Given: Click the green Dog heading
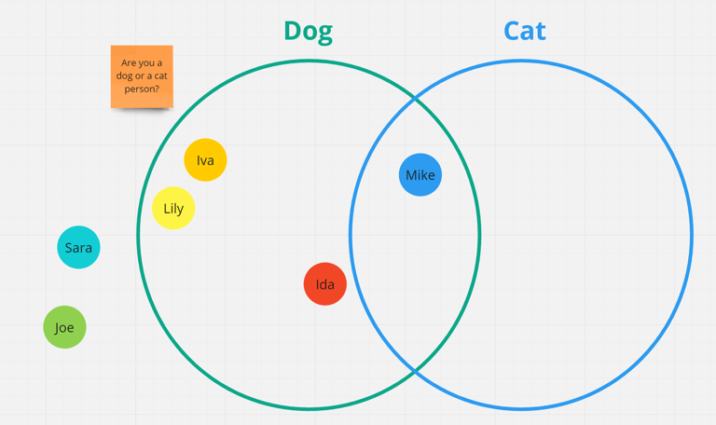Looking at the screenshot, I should [308, 31].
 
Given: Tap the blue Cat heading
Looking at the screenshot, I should [524, 31].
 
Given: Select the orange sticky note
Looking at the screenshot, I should [142, 76].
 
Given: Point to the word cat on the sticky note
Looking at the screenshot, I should [160, 76].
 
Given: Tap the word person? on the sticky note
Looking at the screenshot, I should [142, 89].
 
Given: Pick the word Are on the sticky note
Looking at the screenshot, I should [130, 63].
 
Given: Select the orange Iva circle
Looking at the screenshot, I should [205, 160].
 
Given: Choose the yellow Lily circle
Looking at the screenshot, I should [173, 208].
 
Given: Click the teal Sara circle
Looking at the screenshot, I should [78, 247].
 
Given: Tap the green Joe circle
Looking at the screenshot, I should [64, 327].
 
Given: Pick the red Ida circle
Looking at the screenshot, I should [325, 284].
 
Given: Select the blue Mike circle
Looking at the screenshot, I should [420, 175].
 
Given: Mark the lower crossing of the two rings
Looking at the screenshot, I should [415, 371].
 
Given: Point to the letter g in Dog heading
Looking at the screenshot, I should [324, 33].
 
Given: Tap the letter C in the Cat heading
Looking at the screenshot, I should [512, 31].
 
